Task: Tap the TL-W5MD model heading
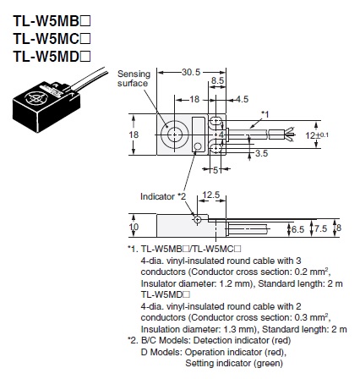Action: [46, 56]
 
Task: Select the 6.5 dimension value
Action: [297, 228]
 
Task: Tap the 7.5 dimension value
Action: [319, 228]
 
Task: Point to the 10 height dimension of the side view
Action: [133, 227]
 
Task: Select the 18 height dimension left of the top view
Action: [133, 134]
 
